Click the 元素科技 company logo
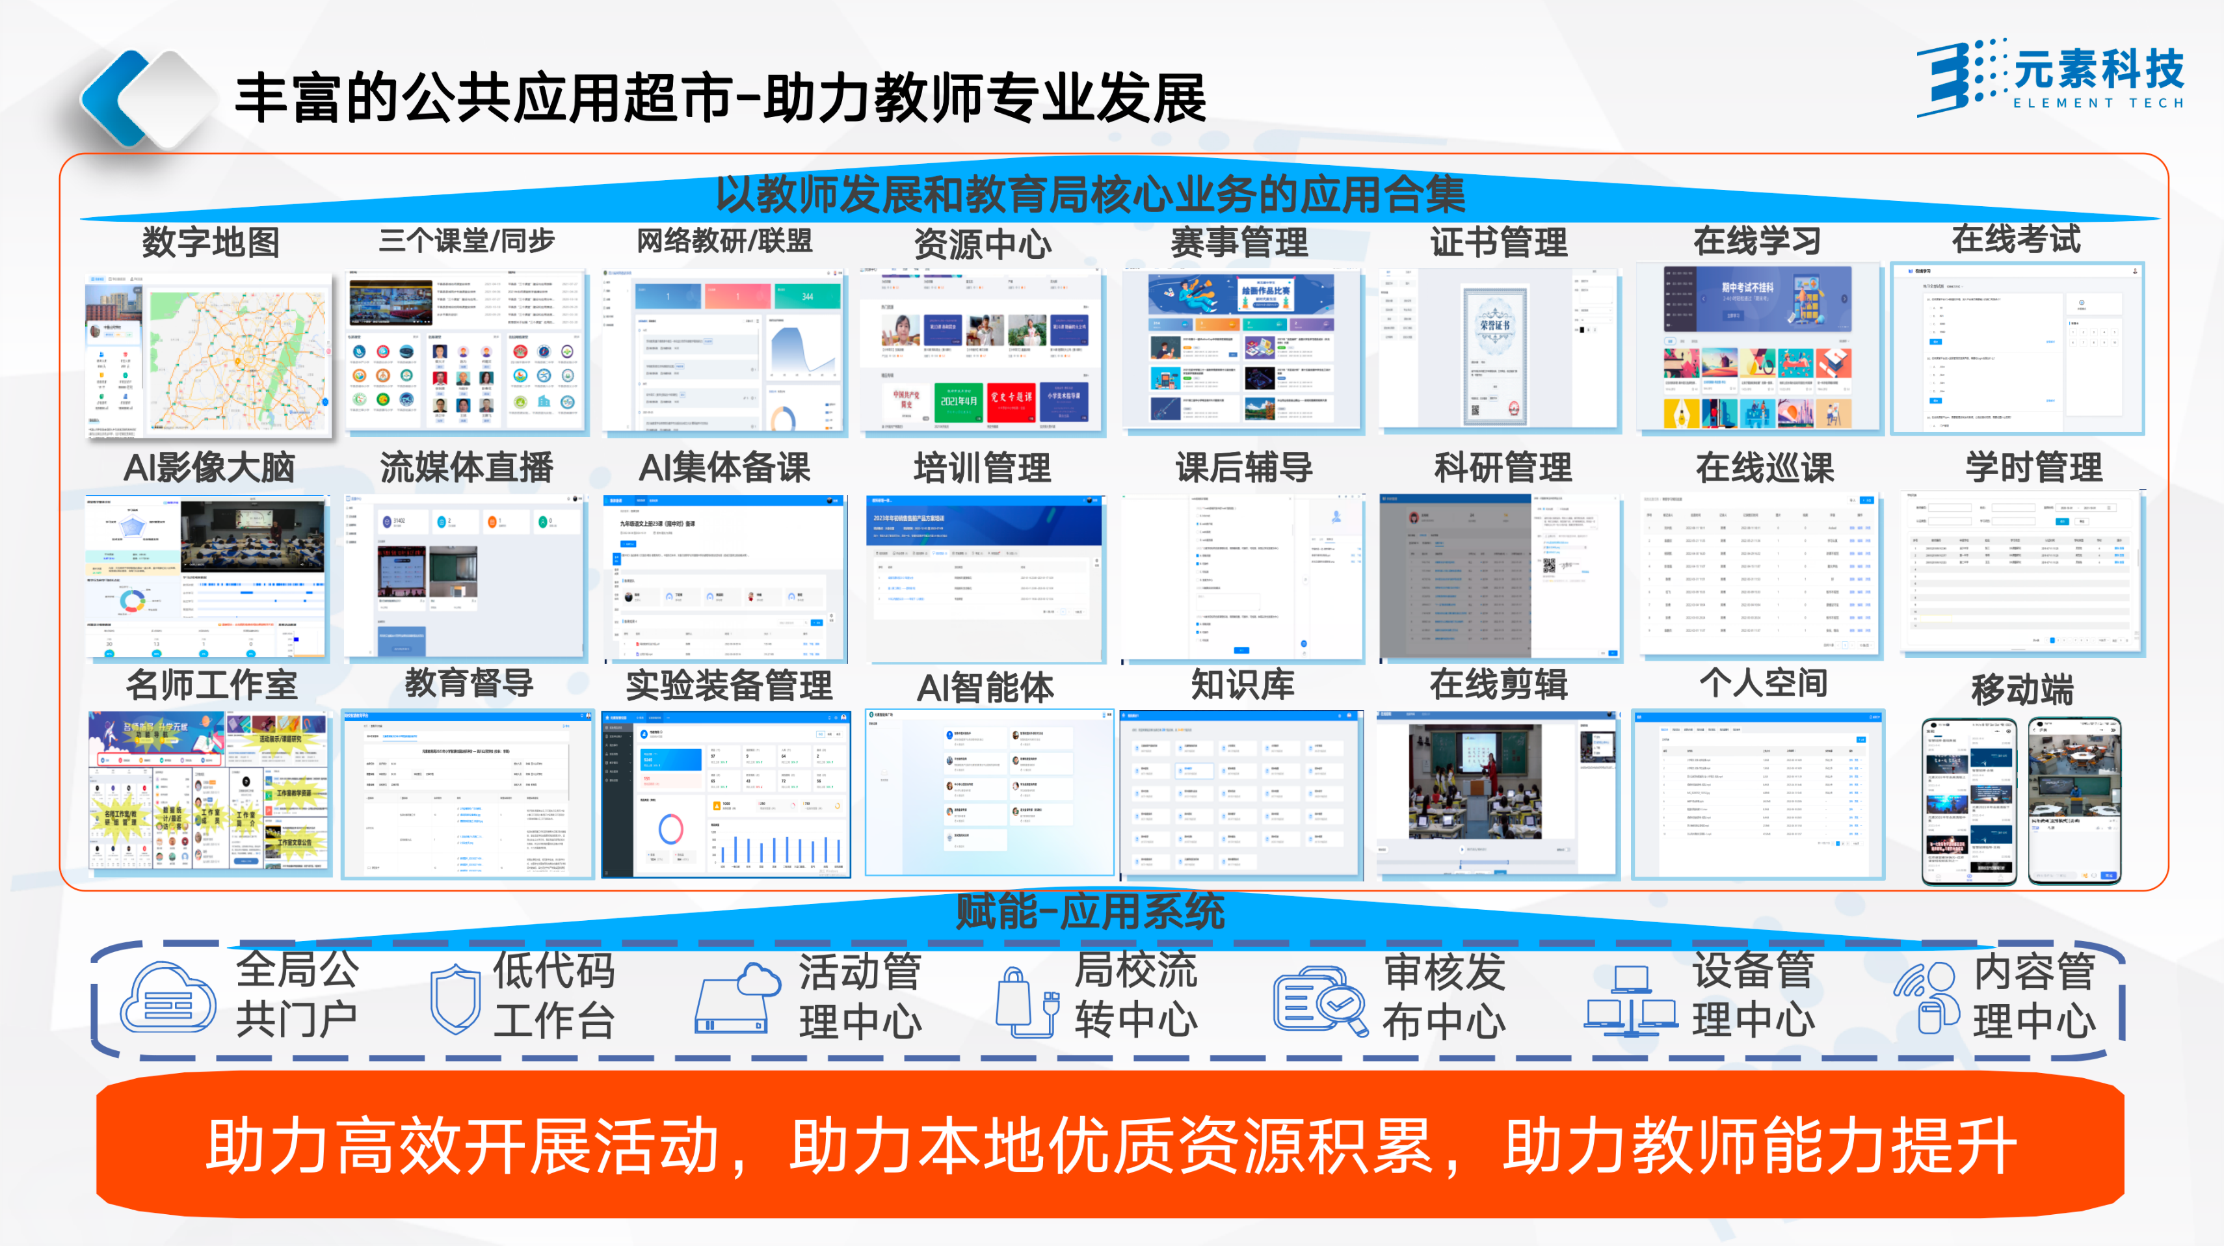point(2050,76)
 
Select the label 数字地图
point(211,242)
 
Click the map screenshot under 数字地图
point(208,354)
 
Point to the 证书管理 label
point(1499,242)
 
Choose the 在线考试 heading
point(2016,239)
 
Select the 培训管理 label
point(983,468)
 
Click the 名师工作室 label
point(211,685)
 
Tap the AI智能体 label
point(985,687)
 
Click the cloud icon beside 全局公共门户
point(168,998)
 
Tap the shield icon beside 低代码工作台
point(455,999)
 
